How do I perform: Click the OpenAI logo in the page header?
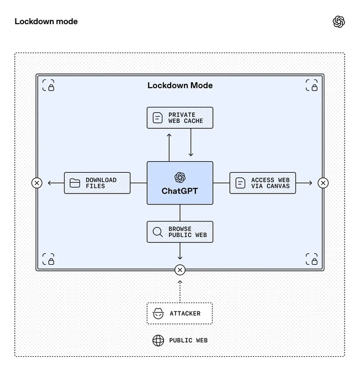coord(339,22)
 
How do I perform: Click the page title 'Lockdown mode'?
coord(46,21)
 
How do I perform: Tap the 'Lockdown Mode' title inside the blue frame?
coord(180,86)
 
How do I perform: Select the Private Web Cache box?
coord(180,118)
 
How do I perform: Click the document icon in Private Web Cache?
coord(157,118)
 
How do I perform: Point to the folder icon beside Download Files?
coord(75,183)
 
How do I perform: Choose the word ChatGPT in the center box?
coord(180,191)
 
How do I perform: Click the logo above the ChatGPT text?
coord(180,178)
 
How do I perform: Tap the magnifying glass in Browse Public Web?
coord(157,232)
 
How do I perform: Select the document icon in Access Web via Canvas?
coord(240,183)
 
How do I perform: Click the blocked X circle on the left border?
coord(37,183)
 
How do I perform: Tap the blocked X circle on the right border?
coord(323,183)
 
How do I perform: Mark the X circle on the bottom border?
coord(180,270)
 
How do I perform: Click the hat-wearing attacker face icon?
coord(159,314)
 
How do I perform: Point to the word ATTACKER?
coord(185,314)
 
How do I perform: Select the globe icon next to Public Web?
coord(158,340)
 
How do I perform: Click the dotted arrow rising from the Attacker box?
coord(180,291)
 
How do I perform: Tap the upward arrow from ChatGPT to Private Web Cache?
coord(169,147)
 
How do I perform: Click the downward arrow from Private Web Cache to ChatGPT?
coord(191,143)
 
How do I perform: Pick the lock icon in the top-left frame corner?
coord(51,88)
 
